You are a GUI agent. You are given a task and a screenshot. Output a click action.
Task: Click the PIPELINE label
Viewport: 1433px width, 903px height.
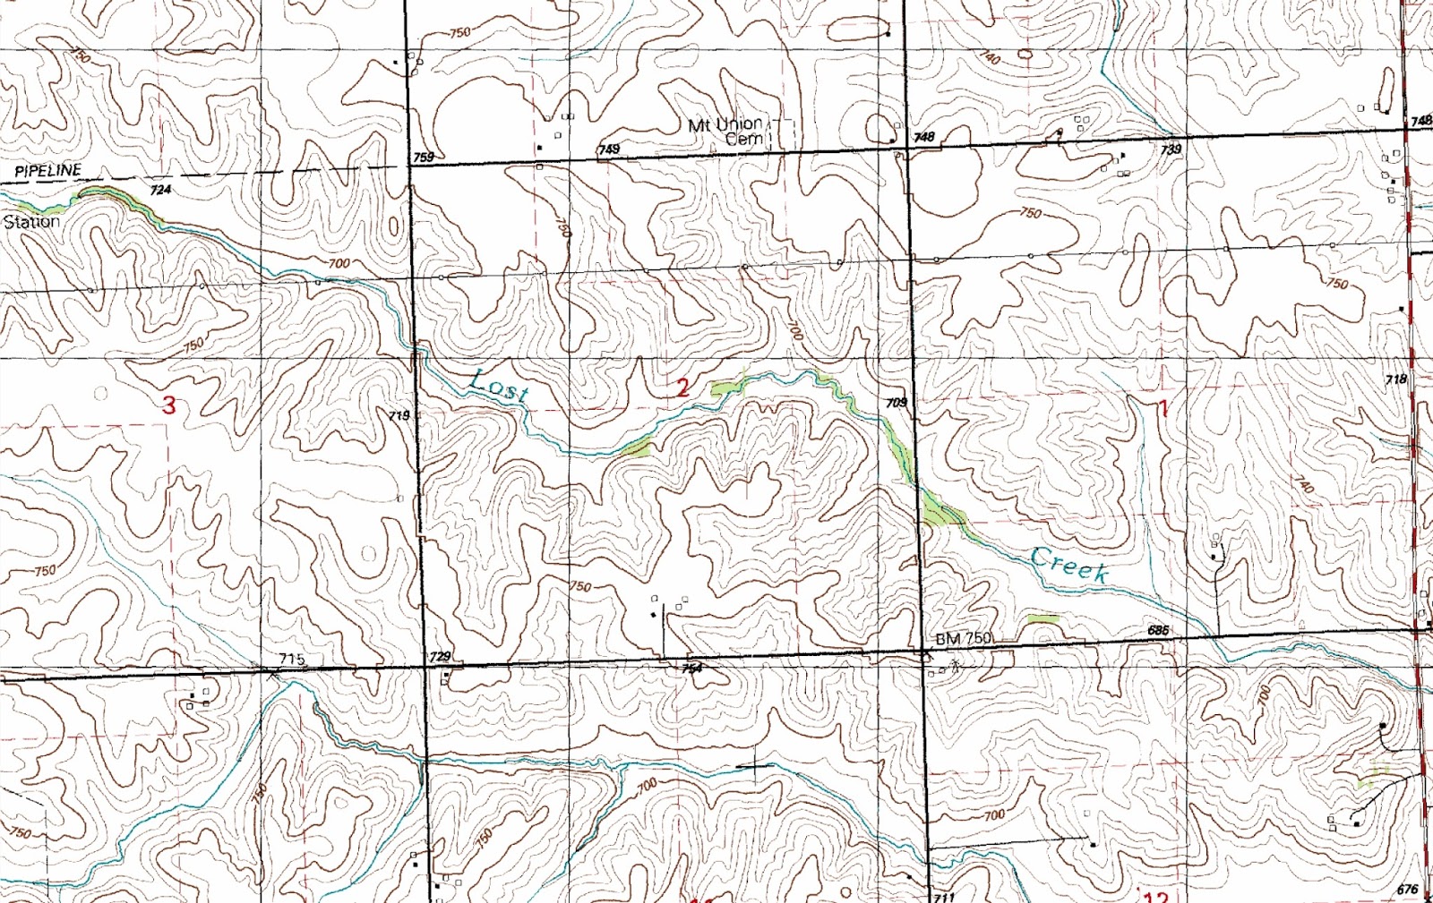tap(47, 170)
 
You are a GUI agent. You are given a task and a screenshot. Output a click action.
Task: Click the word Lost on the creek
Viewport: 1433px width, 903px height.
tap(499, 385)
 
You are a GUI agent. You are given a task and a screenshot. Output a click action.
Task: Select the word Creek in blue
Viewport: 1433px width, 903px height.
tap(1069, 564)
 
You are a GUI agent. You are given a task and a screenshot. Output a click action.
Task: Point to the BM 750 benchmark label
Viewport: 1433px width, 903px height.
tap(964, 638)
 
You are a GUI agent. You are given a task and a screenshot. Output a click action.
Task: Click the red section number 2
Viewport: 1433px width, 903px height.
tap(683, 388)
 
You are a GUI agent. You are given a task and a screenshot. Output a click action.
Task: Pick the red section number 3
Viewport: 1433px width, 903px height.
tap(169, 405)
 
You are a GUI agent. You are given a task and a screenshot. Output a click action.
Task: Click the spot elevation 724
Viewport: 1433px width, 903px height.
tap(160, 190)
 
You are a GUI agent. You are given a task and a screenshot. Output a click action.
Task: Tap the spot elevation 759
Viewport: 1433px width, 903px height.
tap(424, 158)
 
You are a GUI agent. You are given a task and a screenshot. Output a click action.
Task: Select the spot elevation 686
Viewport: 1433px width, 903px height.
tap(1158, 630)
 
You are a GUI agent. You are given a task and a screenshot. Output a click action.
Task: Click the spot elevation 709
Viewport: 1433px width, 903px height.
tap(896, 403)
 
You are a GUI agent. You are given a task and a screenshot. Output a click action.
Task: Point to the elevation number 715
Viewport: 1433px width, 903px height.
tap(291, 659)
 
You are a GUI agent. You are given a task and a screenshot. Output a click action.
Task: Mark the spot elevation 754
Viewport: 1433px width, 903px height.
tap(691, 668)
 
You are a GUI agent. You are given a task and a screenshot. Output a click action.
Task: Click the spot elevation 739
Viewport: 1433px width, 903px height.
tap(1171, 149)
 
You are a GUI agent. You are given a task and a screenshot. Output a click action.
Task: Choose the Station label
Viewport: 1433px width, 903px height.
tap(32, 221)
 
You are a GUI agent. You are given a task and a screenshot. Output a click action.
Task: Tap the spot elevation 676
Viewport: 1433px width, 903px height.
tap(1407, 889)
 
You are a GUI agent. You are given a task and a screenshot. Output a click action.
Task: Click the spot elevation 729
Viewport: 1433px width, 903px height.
tap(440, 656)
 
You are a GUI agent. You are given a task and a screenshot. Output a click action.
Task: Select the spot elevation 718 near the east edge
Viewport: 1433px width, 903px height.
tap(1395, 379)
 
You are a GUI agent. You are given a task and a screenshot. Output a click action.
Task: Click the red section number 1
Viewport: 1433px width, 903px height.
tap(1163, 409)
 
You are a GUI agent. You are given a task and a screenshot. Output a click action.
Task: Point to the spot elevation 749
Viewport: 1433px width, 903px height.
tap(609, 149)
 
